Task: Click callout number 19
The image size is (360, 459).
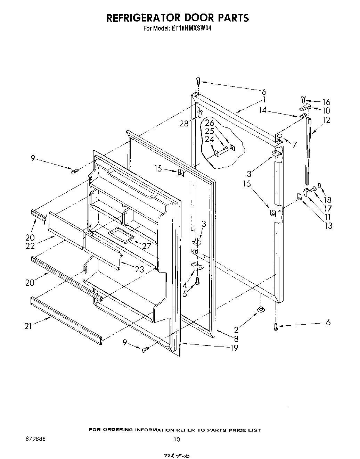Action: click(x=234, y=348)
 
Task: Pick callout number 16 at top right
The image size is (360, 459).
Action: click(x=326, y=102)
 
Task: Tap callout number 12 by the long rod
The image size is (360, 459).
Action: click(x=326, y=120)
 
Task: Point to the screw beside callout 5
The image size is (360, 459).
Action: click(x=198, y=281)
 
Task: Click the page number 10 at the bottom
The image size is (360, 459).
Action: click(x=177, y=439)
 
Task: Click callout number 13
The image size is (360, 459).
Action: click(x=328, y=226)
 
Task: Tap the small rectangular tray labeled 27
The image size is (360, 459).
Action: click(x=121, y=235)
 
